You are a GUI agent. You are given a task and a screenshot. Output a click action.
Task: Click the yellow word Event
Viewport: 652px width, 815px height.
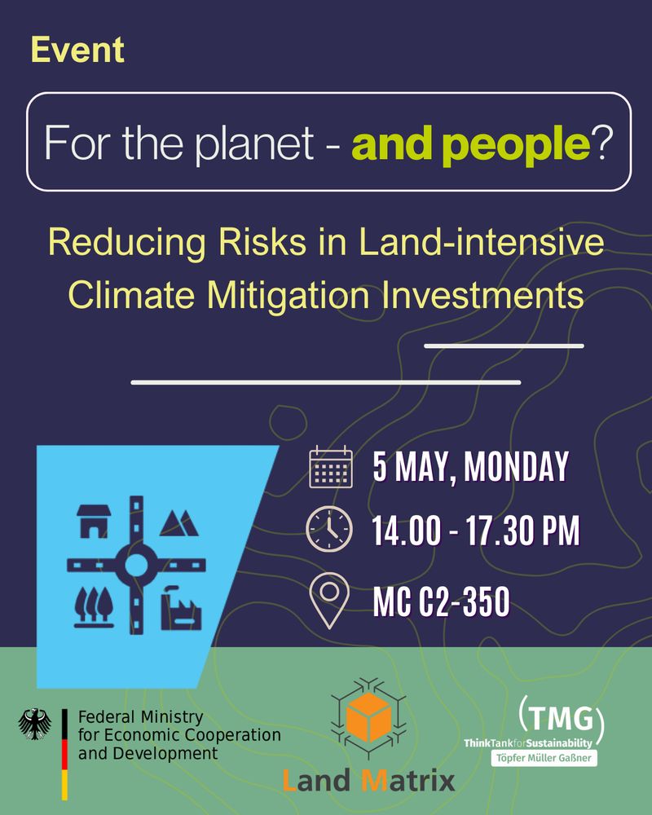[x=77, y=50]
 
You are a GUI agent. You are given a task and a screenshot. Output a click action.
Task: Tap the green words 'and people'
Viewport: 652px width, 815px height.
[x=471, y=144]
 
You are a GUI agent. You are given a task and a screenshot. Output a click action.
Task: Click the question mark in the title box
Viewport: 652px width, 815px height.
[x=602, y=142]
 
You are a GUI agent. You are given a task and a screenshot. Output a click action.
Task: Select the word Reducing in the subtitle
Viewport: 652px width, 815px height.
[x=127, y=243]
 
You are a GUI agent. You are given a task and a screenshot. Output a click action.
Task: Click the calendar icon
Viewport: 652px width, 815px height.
[x=331, y=466]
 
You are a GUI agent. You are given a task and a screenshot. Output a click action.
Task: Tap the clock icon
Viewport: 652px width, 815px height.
[x=329, y=529]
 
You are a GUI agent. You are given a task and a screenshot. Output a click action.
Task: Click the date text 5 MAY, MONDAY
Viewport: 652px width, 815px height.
[x=470, y=466]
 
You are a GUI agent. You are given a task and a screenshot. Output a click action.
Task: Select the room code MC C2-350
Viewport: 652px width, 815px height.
[x=442, y=601]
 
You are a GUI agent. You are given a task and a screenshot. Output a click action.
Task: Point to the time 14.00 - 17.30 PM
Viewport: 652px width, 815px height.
[x=476, y=531]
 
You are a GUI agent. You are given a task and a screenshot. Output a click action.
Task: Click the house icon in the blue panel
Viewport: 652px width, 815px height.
[x=94, y=521]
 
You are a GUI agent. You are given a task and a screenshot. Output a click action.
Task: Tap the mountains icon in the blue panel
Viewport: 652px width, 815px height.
[x=178, y=523]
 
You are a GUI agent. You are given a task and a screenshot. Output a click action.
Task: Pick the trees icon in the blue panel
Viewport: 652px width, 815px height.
[x=94, y=606]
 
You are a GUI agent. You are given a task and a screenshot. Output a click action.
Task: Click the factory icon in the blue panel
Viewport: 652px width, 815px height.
[x=181, y=608]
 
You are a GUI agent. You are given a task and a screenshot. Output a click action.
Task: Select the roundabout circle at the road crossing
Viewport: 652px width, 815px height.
[x=136, y=565]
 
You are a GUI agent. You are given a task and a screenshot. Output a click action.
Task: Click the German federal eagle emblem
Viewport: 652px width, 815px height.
[x=35, y=724]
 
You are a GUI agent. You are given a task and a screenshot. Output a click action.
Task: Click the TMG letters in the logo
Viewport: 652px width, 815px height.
[x=562, y=718]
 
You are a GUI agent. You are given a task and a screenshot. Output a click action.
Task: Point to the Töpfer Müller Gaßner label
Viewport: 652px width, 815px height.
[x=544, y=758]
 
